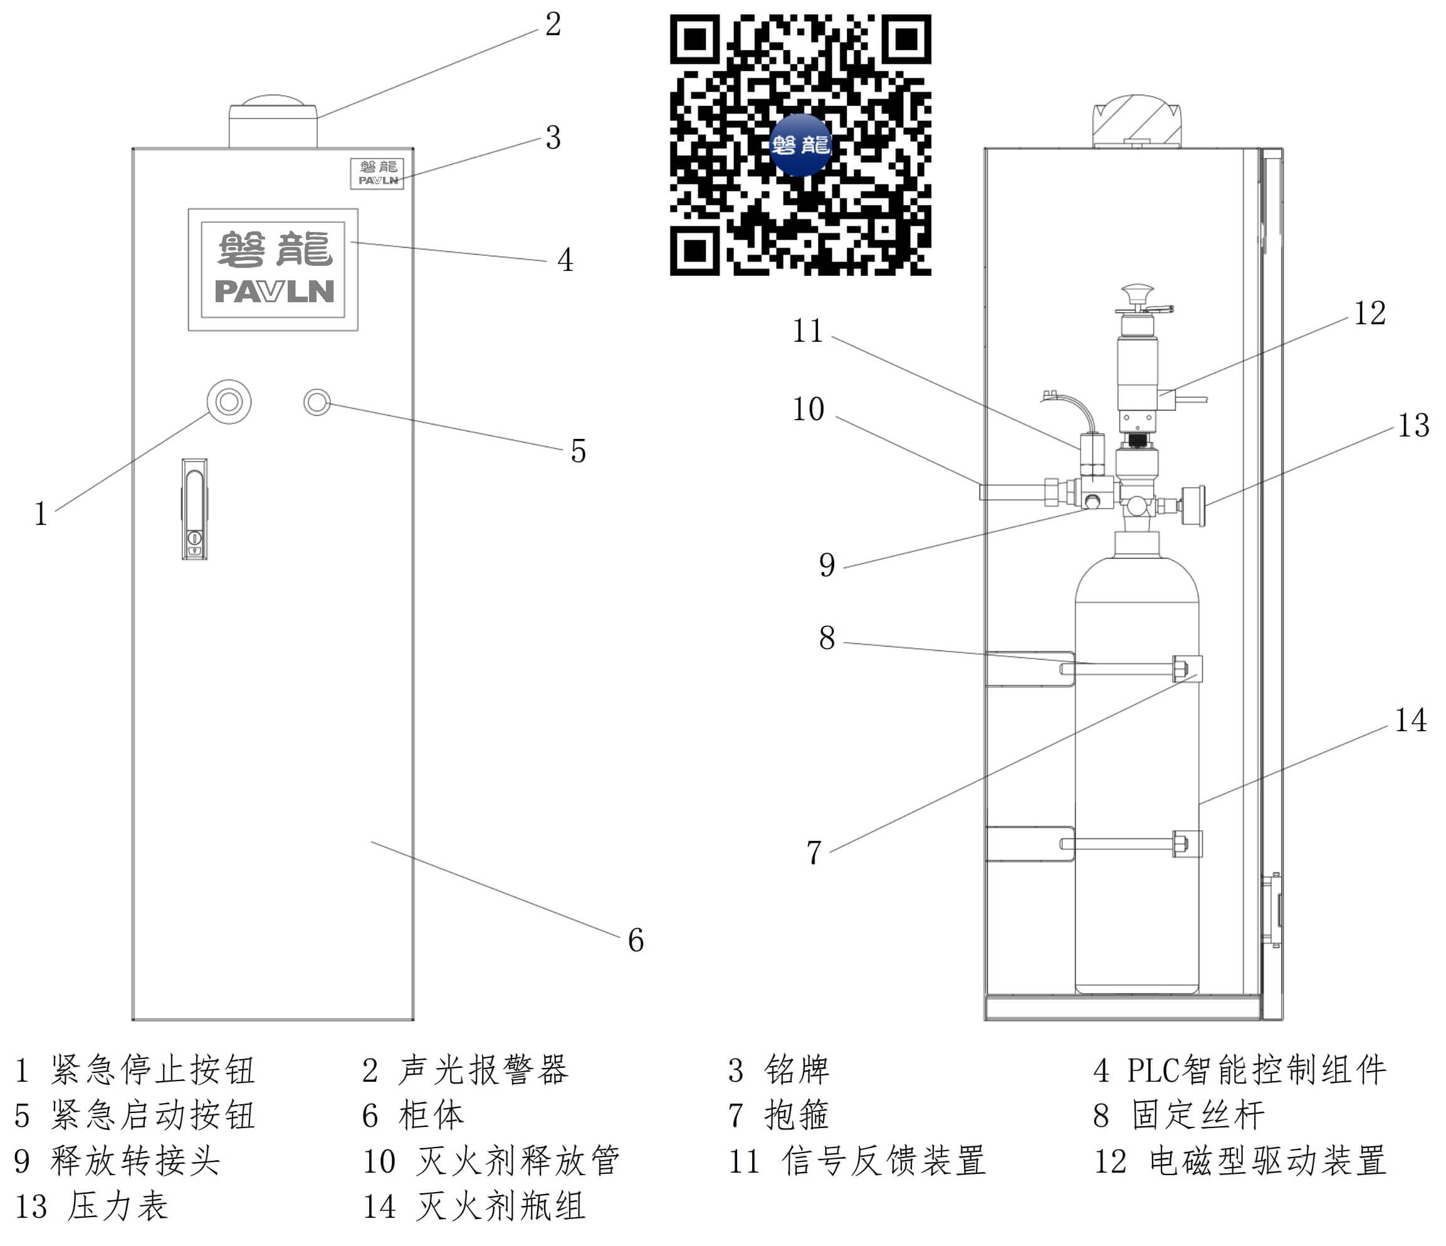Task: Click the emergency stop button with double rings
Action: click(229, 401)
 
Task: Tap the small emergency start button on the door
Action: click(317, 402)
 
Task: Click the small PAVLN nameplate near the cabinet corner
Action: click(377, 173)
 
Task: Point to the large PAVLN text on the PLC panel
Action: click(275, 291)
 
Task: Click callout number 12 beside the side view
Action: click(1370, 314)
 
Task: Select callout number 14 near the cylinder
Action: click(1410, 721)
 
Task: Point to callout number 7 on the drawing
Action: click(814, 853)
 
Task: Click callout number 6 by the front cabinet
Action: click(635, 940)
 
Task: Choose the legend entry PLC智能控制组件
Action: click(1256, 1070)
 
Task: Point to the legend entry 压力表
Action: click(118, 1207)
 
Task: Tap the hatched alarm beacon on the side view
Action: click(1136, 122)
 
